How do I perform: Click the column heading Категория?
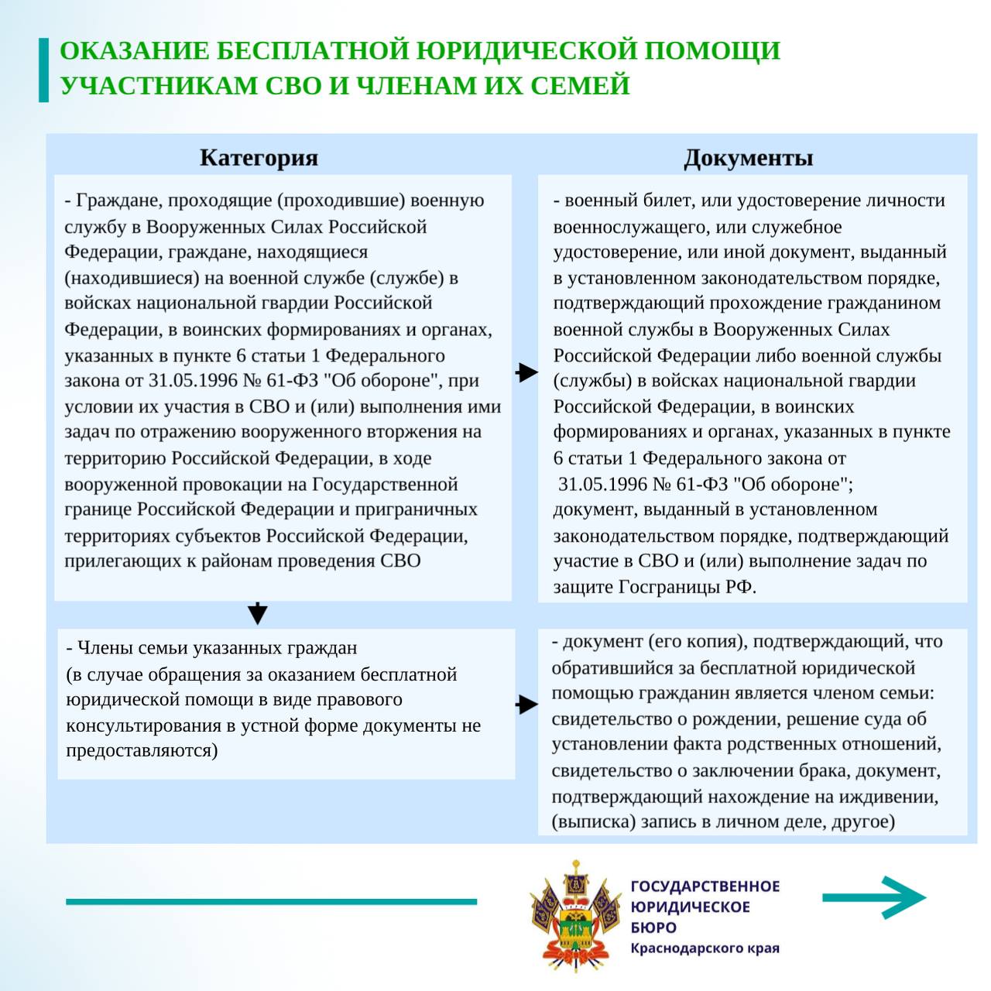pos(259,158)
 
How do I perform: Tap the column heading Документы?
pos(748,158)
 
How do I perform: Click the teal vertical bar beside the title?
pos(43,70)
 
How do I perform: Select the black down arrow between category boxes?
pos(258,613)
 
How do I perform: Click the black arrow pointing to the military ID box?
pos(527,372)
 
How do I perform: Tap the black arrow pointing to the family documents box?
pos(527,705)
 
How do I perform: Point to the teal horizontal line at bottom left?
pos(271,901)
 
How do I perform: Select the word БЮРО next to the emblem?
pos(653,928)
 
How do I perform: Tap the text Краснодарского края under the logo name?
pos(705,948)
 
